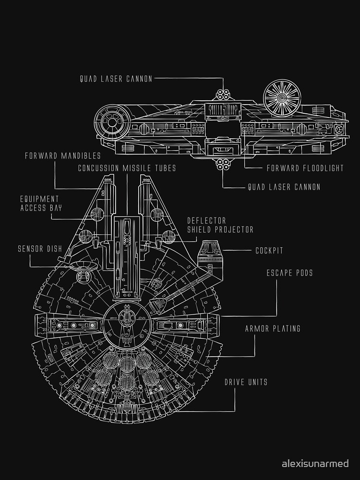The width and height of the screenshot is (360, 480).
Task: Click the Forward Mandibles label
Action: [x=63, y=156]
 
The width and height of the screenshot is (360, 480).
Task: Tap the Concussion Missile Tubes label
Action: [x=127, y=168]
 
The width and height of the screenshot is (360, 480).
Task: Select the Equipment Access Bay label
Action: [x=40, y=203]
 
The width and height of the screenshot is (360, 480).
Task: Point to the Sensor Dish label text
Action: [x=39, y=249]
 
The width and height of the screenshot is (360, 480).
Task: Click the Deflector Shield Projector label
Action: [x=220, y=225]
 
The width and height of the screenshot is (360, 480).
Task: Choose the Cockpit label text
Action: [x=269, y=251]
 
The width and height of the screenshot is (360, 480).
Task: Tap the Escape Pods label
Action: [x=289, y=273]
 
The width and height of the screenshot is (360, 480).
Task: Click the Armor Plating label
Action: [x=273, y=329]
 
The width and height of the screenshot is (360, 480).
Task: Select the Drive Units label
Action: [x=246, y=382]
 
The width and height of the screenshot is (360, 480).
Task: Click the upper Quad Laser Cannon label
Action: [x=116, y=78]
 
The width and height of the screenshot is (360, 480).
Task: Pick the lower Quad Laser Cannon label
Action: [x=284, y=187]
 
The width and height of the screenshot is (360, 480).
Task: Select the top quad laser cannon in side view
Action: [x=222, y=95]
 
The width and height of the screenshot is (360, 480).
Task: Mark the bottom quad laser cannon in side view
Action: [x=222, y=165]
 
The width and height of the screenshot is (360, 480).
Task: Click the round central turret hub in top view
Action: [x=126, y=322]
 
